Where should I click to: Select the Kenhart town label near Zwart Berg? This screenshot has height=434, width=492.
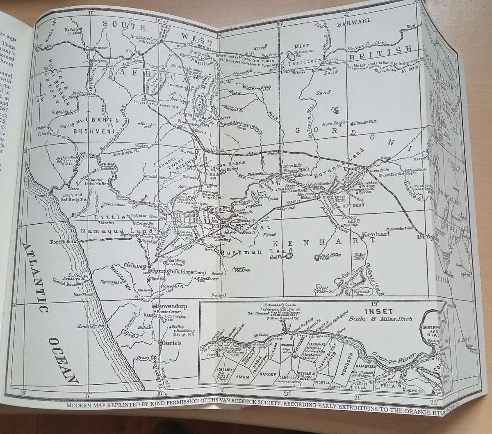(376, 234)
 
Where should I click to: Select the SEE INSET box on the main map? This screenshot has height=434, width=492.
(220, 209)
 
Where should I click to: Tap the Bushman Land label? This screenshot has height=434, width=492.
(245, 251)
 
